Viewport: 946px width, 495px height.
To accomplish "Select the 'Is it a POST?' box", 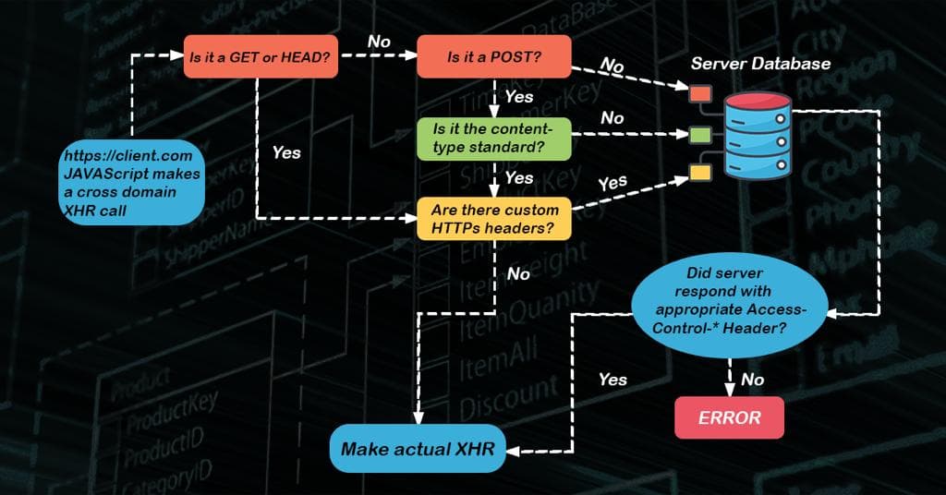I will (494, 56).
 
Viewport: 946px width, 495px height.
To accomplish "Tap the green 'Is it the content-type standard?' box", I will (494, 138).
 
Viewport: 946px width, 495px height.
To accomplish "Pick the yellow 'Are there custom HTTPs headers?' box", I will (494, 219).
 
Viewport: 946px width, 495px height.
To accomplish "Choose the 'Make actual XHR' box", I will (418, 449).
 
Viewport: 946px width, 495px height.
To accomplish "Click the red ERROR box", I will (730, 417).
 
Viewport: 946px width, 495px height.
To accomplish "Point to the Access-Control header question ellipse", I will (732, 308).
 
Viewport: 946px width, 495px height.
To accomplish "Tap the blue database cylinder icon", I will (758, 136).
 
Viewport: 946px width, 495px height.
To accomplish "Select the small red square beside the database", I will (700, 94).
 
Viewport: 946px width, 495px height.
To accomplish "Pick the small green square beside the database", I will (700, 136).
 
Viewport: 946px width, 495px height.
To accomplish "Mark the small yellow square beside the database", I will (700, 172).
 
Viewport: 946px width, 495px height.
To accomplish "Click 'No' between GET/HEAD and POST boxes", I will (379, 42).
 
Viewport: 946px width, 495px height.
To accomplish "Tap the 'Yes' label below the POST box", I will (519, 96).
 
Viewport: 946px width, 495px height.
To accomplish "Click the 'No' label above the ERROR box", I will (753, 380).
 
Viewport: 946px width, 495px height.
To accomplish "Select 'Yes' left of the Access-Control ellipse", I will (612, 380).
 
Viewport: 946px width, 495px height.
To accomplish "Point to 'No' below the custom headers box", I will (519, 273).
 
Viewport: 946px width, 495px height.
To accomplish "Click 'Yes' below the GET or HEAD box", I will (286, 152).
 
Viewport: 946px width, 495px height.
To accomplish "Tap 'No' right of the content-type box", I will (612, 118).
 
